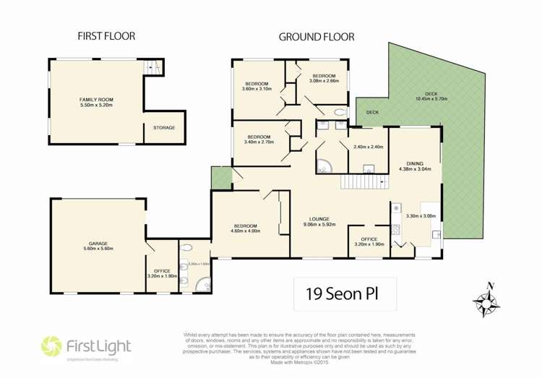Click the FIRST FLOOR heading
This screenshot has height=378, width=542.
(106, 35)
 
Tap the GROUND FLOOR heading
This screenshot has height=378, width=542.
(316, 35)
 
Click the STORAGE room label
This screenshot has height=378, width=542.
(163, 128)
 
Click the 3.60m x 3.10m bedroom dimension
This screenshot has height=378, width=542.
(257, 90)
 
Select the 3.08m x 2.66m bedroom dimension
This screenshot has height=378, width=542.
(323, 82)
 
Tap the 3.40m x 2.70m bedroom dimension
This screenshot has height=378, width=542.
(259, 142)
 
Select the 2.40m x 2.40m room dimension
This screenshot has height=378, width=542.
(368, 147)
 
